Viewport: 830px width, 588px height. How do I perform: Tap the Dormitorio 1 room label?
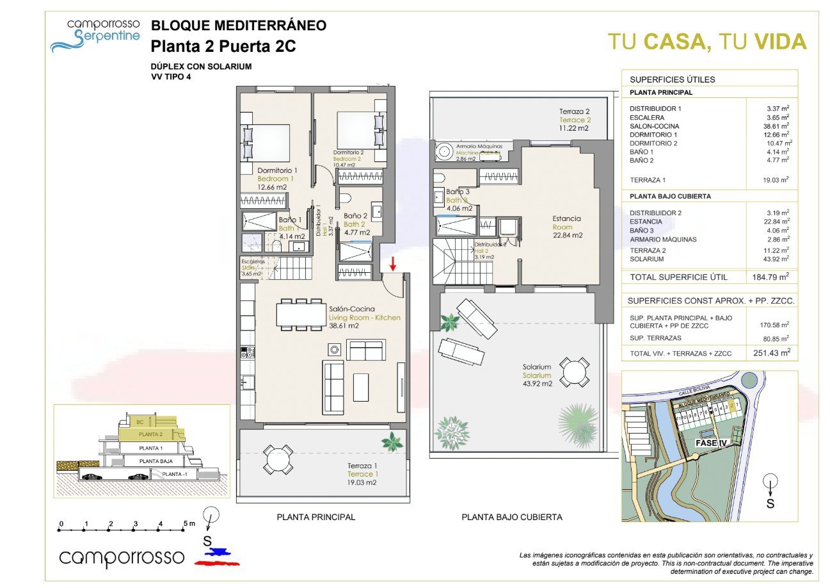[x=277, y=170]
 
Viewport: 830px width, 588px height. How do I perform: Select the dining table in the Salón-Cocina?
[x=301, y=314]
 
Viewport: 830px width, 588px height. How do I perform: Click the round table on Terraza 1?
[x=277, y=459]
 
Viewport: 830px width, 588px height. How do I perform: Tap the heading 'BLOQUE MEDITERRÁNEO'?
[x=238, y=26]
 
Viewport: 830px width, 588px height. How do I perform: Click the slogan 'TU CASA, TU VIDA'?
[x=706, y=42]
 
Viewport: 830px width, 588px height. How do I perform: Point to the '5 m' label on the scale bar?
[x=189, y=523]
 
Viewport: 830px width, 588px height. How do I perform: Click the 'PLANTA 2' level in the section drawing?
[x=151, y=434]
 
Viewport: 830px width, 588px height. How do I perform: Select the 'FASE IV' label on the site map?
[x=710, y=443]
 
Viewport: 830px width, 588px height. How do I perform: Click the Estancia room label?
[x=566, y=218]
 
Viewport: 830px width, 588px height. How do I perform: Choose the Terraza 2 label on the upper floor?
[x=573, y=111]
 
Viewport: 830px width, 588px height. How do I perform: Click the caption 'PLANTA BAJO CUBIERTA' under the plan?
[x=512, y=517]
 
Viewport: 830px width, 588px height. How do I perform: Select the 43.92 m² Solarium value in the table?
[x=776, y=259]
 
